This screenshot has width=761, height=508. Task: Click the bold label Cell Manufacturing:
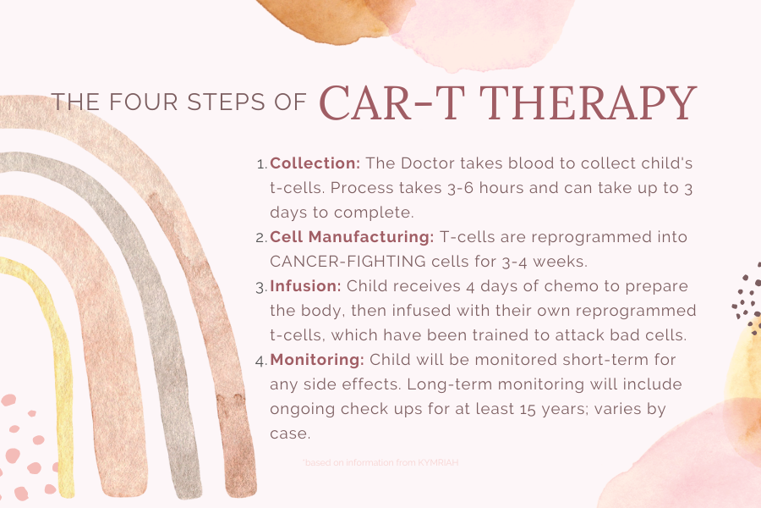tap(352, 236)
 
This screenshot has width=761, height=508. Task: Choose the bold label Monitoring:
tap(317, 360)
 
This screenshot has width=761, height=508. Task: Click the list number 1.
tap(260, 163)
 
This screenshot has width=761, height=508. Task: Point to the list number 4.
tap(260, 360)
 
